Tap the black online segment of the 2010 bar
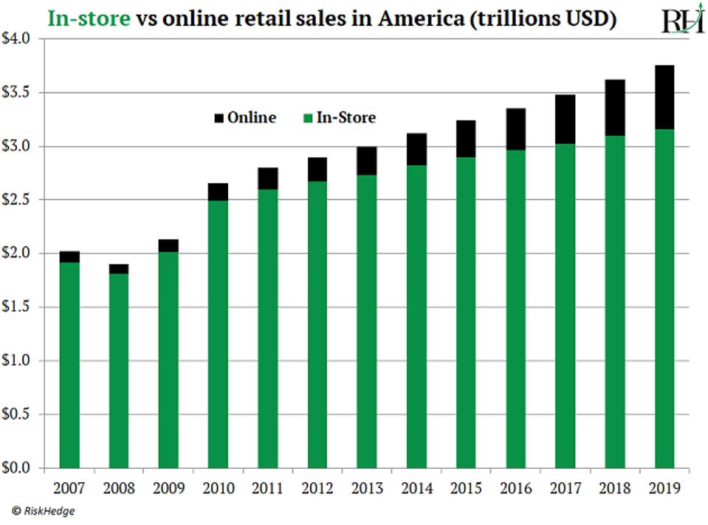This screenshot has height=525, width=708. (x=218, y=192)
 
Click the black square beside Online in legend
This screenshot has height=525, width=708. (x=219, y=118)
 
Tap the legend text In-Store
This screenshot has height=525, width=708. (x=346, y=117)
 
